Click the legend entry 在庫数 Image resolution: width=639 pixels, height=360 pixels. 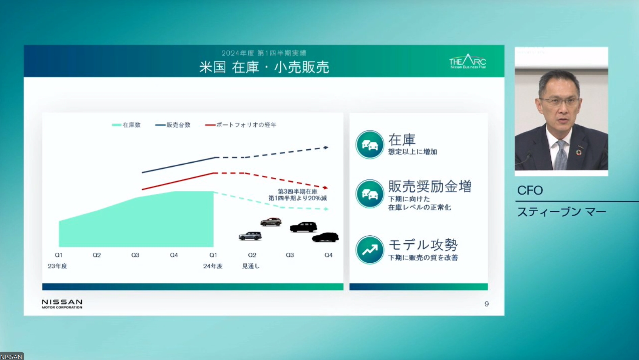(x=127, y=125)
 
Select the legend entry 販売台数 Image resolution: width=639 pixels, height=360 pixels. (x=173, y=125)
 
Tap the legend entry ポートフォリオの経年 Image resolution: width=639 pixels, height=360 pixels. (x=241, y=125)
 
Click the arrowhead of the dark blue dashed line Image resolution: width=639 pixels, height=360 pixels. (x=326, y=148)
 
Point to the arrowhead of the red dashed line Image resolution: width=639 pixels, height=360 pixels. (x=326, y=187)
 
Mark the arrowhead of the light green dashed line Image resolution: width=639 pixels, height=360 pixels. (x=326, y=209)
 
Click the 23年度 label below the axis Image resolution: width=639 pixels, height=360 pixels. (x=58, y=266)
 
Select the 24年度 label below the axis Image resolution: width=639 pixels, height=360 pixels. (x=213, y=266)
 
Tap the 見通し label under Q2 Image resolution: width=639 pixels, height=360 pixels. (x=251, y=266)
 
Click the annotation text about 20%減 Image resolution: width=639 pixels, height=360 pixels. (x=298, y=195)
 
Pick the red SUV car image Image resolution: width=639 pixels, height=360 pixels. (x=271, y=222)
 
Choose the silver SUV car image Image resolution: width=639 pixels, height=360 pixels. (x=250, y=236)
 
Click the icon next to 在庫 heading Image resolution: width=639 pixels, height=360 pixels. (x=370, y=144)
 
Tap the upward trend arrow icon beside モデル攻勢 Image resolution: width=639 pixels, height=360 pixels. (x=370, y=250)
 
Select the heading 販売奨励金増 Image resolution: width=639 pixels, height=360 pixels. (x=430, y=186)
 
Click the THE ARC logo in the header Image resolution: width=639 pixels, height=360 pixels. (x=468, y=62)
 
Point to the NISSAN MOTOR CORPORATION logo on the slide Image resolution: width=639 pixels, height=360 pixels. (x=62, y=304)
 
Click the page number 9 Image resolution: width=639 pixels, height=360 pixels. (x=487, y=304)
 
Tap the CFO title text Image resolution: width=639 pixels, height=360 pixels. (x=530, y=191)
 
